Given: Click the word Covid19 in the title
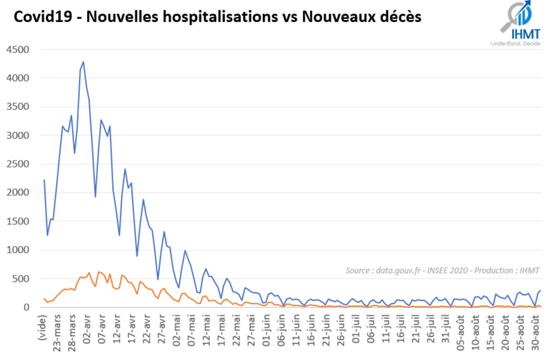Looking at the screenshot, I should point(42,16).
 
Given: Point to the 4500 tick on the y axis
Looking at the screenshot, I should point(18,50).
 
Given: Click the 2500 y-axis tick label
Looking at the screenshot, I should point(18,164).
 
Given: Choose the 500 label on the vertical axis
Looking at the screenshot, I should point(21,279).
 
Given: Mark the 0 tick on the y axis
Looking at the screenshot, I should point(27,308).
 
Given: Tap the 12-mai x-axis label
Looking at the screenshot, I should point(206,327).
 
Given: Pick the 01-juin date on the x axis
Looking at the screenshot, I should point(264,327).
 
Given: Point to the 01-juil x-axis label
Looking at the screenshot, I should point(353,327).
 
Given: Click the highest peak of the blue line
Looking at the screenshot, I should point(83,62).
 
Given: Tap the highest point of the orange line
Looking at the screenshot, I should point(89,273).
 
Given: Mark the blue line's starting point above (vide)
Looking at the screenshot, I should point(44,180).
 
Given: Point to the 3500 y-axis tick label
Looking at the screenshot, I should point(18,107).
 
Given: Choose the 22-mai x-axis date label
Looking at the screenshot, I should point(236,327).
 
